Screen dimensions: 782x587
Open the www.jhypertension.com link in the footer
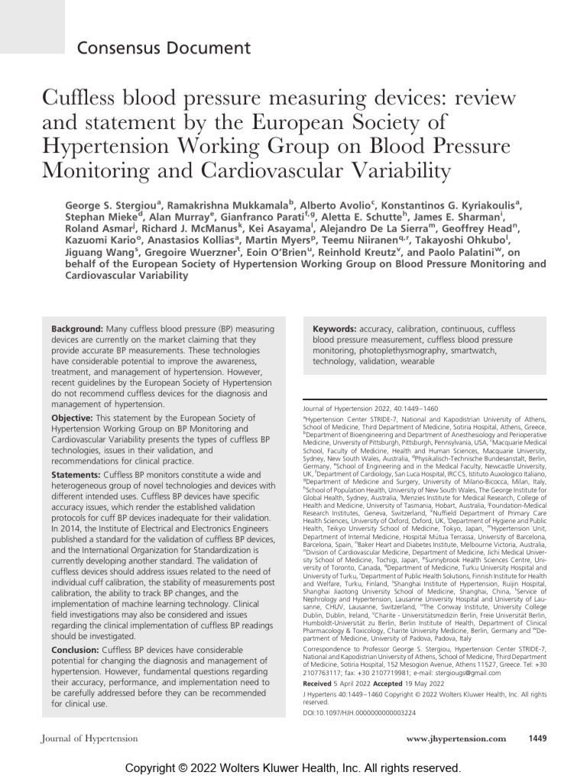click(456, 739)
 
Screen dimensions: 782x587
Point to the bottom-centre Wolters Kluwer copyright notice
click(293, 767)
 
